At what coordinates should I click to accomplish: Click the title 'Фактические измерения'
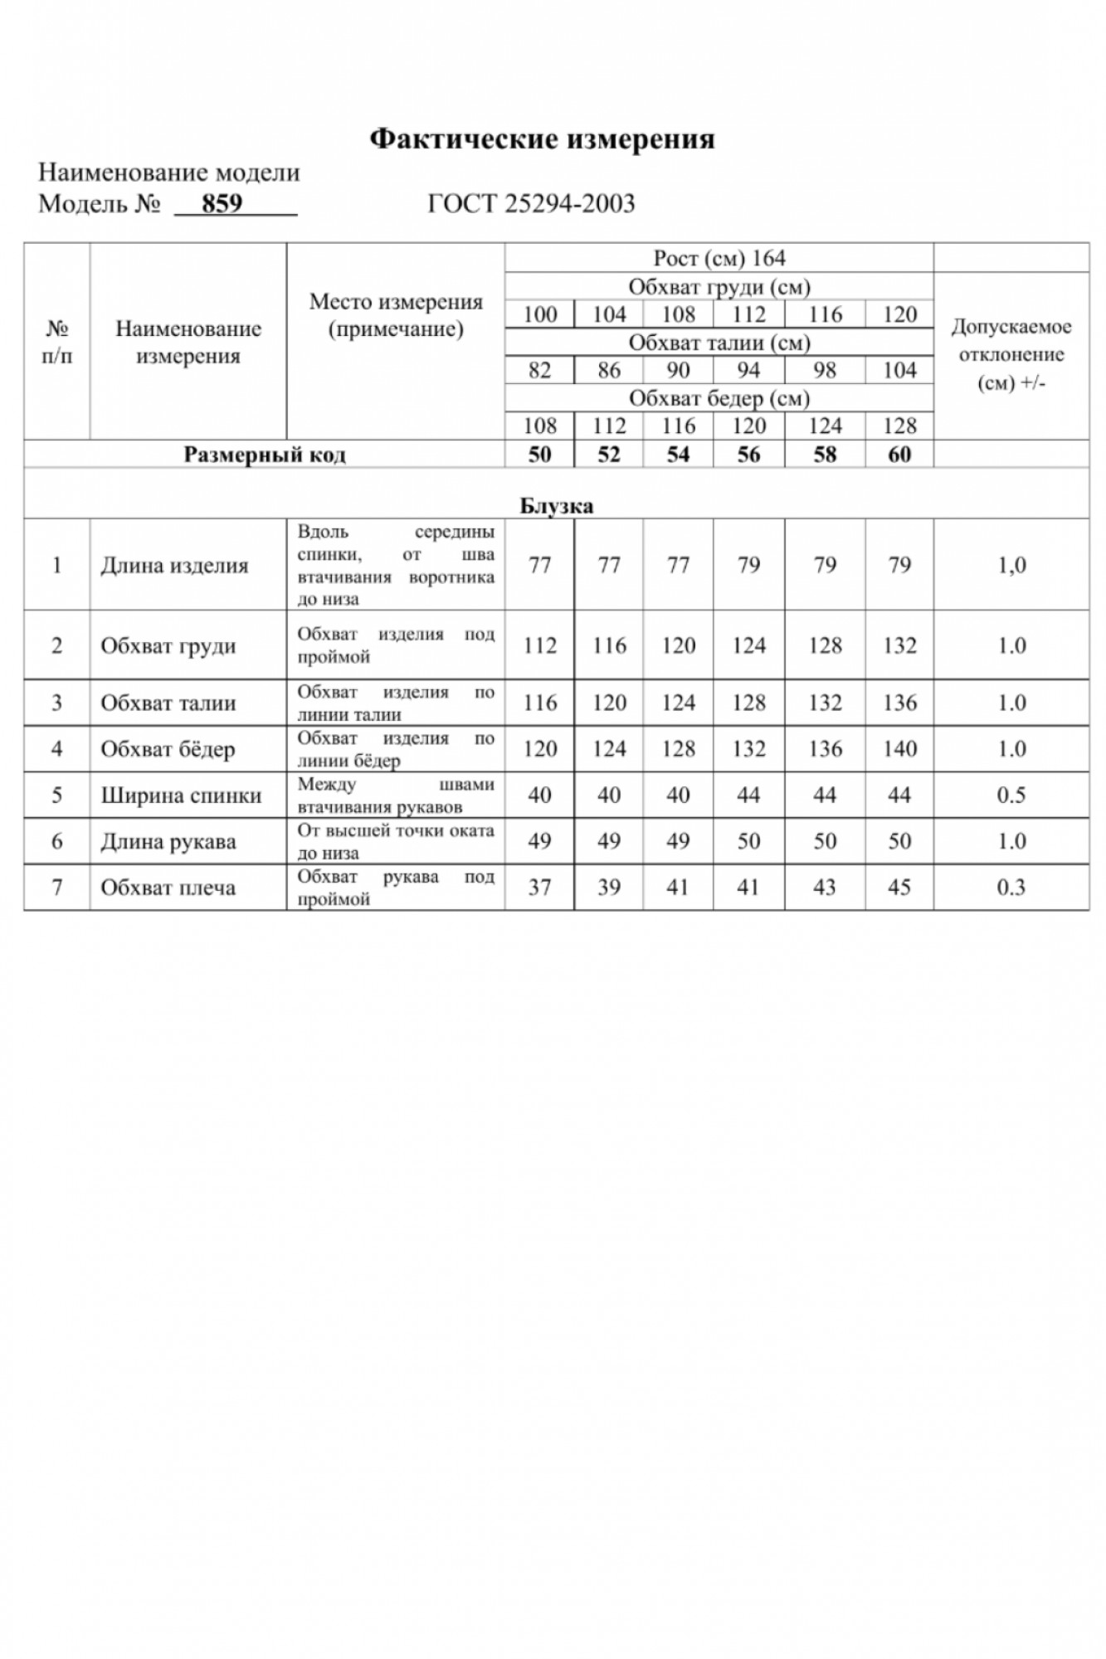[542, 139]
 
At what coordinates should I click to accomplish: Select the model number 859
[222, 203]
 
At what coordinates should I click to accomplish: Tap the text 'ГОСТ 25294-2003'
[531, 203]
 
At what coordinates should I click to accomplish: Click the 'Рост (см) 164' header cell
[719, 258]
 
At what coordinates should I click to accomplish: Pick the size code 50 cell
[539, 455]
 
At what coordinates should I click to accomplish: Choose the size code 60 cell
[899, 455]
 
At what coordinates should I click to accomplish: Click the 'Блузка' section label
[557, 506]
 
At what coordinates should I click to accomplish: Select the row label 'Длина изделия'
[174, 566]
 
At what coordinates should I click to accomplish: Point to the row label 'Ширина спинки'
[181, 795]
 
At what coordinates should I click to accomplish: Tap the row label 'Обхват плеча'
[168, 888]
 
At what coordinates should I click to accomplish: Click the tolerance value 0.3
[1011, 888]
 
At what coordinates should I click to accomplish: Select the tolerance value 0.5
[1011, 795]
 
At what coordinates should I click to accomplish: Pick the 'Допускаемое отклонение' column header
[1011, 355]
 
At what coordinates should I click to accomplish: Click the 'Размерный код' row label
[264, 455]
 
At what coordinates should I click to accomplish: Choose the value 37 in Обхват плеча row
[539, 888]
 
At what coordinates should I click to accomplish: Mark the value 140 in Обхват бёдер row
[899, 749]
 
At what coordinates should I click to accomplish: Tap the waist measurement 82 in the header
[539, 370]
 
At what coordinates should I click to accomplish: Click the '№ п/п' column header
[56, 342]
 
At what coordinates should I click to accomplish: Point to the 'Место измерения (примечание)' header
[396, 315]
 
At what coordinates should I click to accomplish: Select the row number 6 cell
[56, 841]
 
